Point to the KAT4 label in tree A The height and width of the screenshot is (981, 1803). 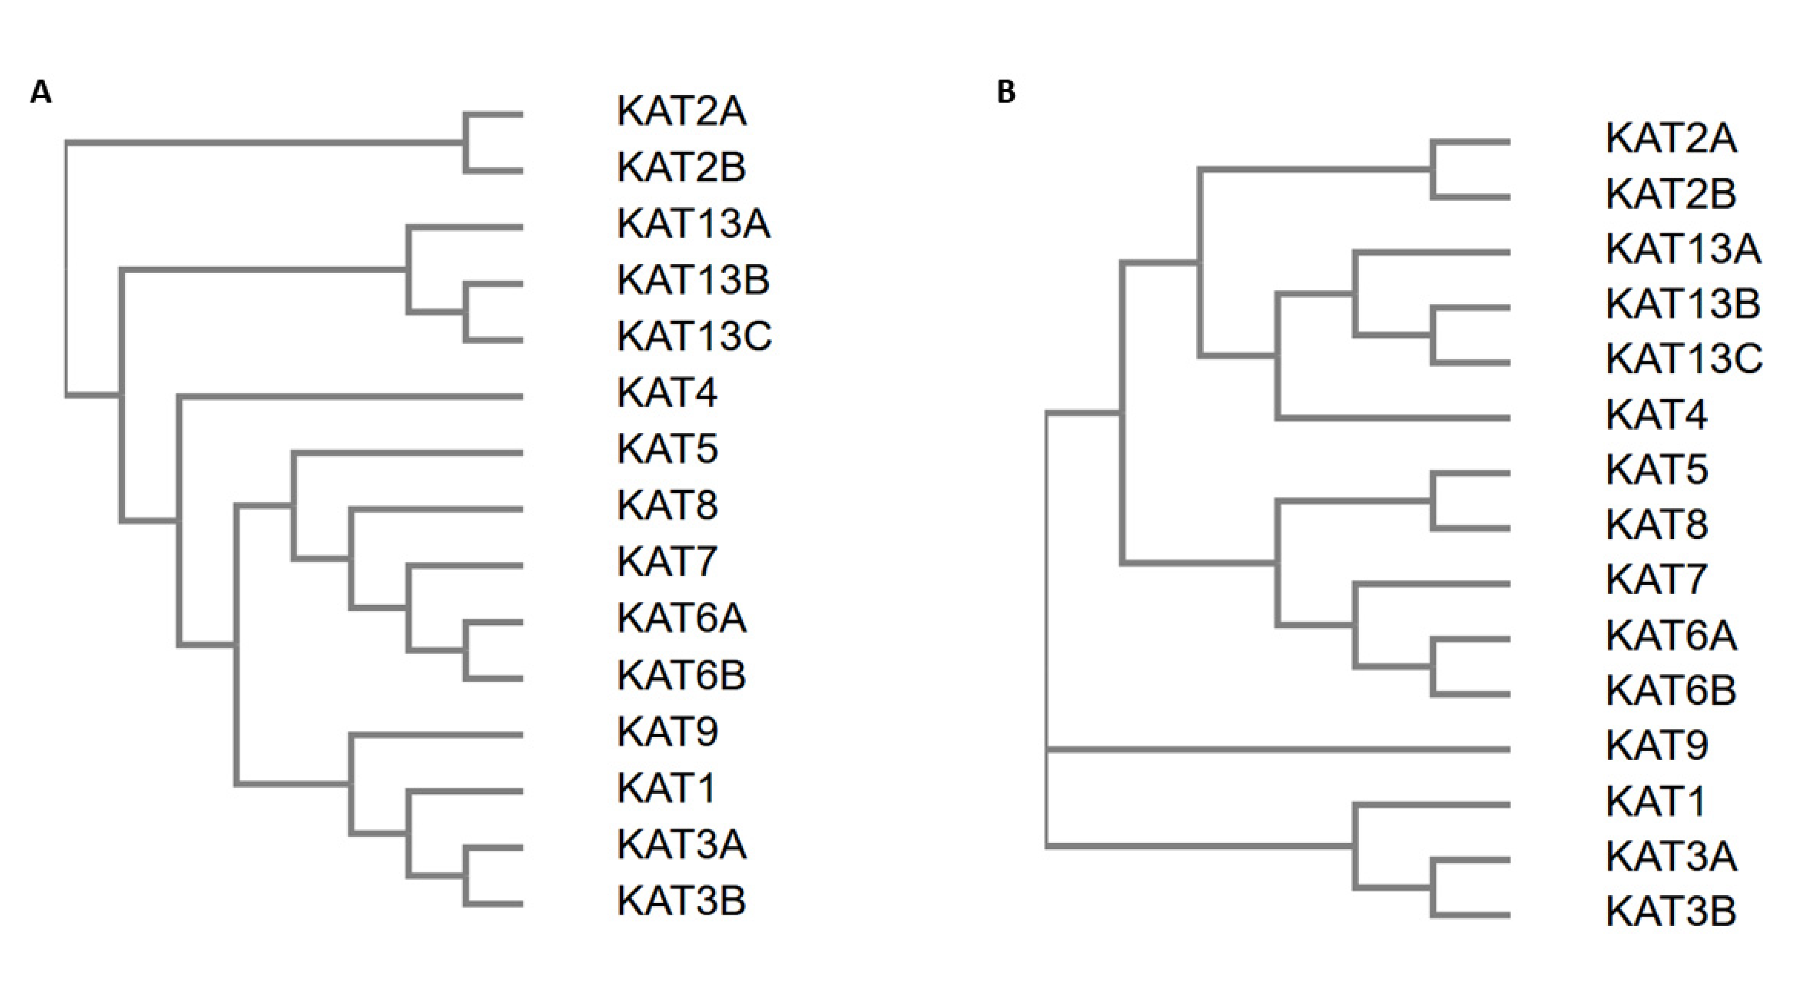point(667,393)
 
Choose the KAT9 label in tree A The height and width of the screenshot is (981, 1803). point(667,732)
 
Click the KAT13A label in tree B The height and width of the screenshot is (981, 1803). point(1683,249)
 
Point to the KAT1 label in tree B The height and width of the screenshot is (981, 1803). point(1655,801)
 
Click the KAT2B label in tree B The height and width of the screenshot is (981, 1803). point(1671,194)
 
